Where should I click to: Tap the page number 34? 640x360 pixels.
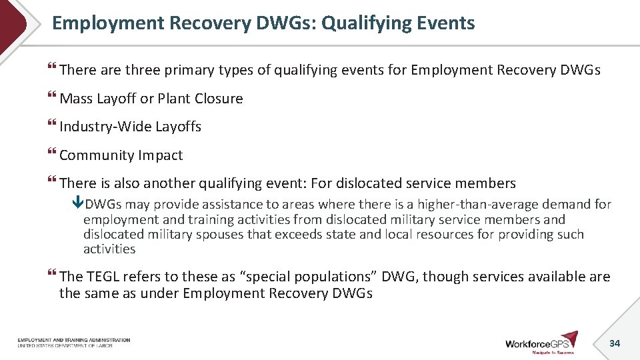pos(615,343)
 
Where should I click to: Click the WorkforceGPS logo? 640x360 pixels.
pos(542,342)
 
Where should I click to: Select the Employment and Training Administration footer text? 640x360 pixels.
pos(74,341)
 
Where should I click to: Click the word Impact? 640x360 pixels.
pos(160,155)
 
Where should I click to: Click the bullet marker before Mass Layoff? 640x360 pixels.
pos(52,99)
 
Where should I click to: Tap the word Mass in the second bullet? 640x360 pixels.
pos(76,99)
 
